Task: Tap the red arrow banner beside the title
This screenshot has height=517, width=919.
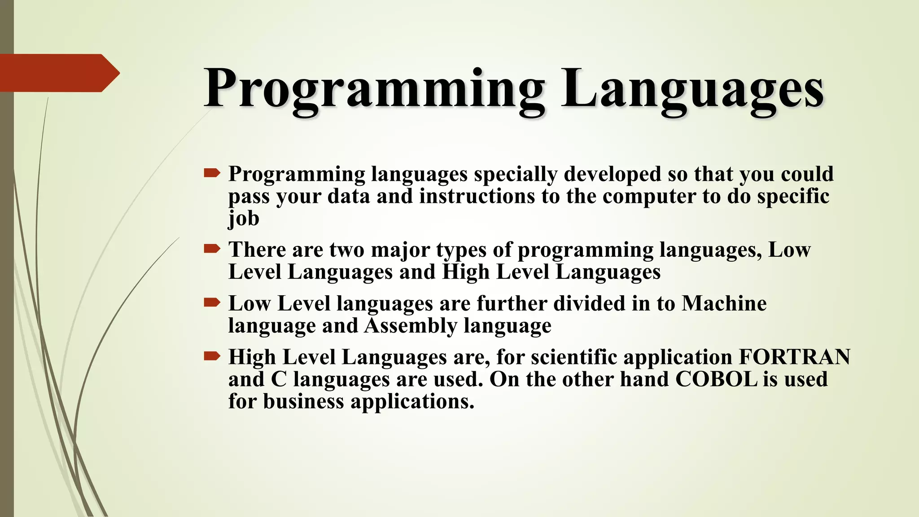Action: (58, 73)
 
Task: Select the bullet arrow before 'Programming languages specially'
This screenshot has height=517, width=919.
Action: (212, 173)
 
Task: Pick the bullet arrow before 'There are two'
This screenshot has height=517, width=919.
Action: (212, 248)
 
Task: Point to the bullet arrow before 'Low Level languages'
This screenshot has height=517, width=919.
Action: (212, 302)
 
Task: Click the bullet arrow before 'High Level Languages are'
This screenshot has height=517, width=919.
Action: (212, 356)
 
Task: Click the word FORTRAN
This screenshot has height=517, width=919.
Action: (794, 357)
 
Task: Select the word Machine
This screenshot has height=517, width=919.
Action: (724, 303)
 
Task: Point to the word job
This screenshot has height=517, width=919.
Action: (244, 219)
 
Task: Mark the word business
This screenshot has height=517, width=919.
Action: (303, 401)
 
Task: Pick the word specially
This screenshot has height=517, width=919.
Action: (516, 174)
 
